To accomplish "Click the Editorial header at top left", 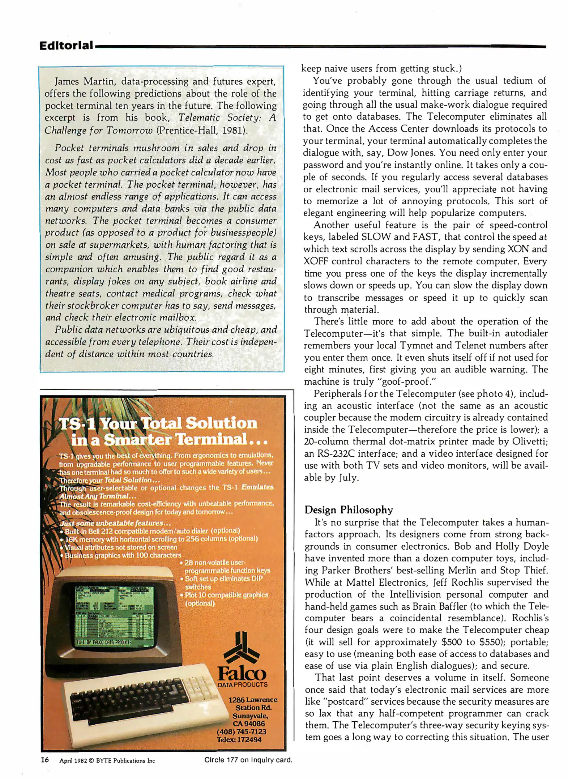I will (x=66, y=46).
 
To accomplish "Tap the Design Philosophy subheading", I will (x=349, y=510).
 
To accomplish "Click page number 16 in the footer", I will (x=44, y=760).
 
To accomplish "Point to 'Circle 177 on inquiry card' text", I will (x=248, y=760).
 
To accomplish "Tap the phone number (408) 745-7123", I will (x=242, y=731).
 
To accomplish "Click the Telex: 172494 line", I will (x=239, y=739).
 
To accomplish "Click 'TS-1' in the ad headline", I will (x=77, y=423).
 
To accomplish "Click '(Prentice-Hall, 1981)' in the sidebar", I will (x=202, y=130).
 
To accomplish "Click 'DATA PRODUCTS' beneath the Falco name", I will (x=242, y=684).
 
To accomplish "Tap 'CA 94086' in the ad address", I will (x=249, y=724).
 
